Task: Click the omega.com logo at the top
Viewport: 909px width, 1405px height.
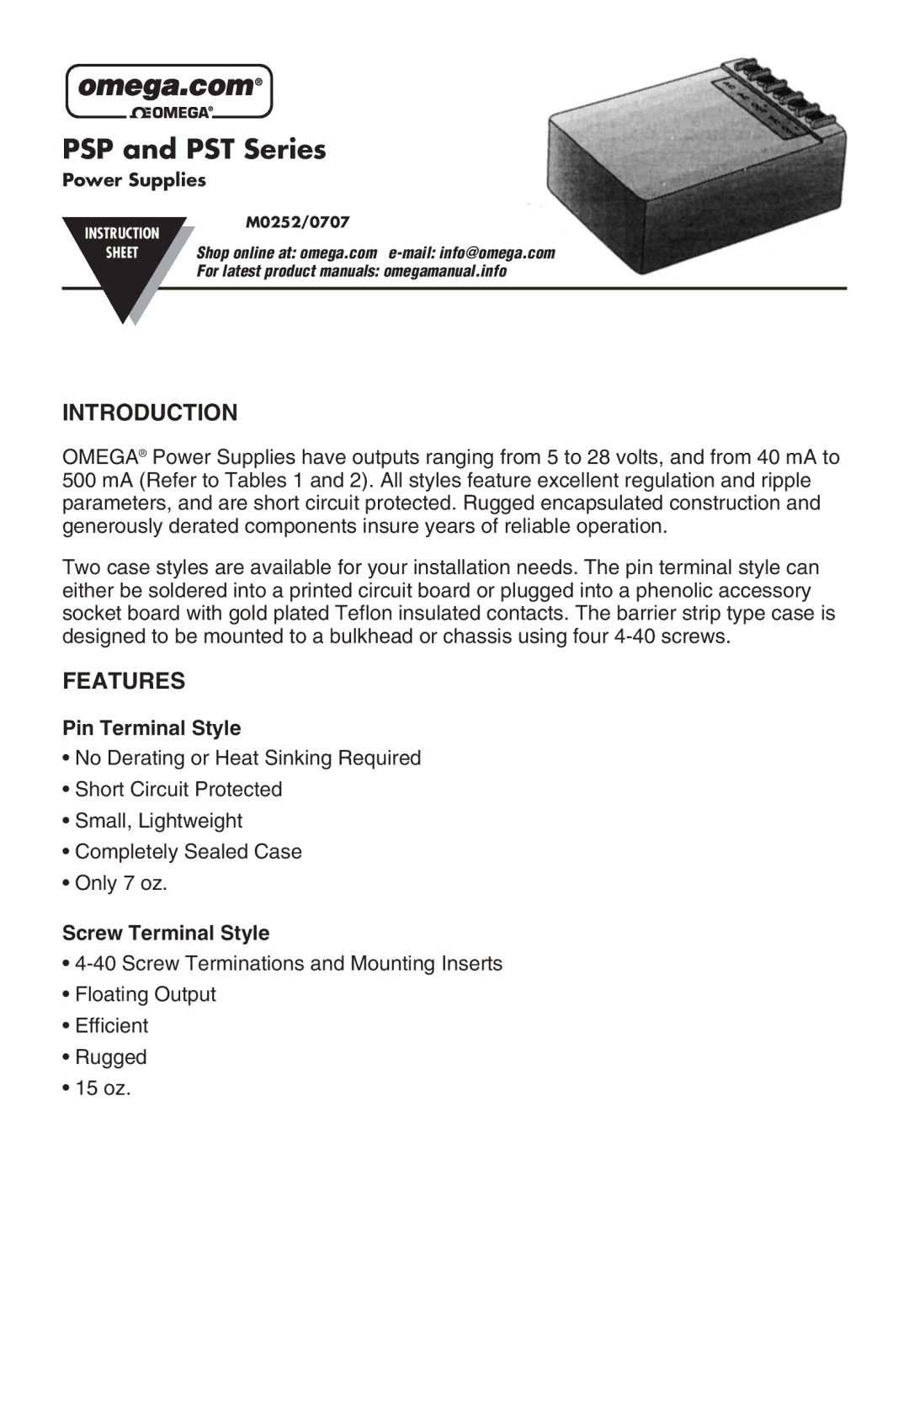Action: (169, 91)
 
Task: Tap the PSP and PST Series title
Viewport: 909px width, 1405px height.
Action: (194, 149)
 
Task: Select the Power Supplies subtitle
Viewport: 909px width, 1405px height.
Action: (134, 180)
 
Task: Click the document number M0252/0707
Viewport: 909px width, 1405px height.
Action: (297, 222)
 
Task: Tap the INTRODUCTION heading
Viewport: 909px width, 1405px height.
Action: (150, 412)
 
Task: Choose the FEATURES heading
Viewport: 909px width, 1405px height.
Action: (124, 681)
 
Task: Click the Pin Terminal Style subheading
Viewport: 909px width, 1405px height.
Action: (151, 728)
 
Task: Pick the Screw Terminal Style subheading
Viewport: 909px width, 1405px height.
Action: (166, 933)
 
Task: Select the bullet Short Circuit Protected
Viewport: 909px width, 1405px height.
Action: (178, 789)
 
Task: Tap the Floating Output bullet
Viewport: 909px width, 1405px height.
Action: (146, 994)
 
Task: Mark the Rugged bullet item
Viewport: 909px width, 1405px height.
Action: (111, 1056)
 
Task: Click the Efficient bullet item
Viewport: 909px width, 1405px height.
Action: (112, 1025)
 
